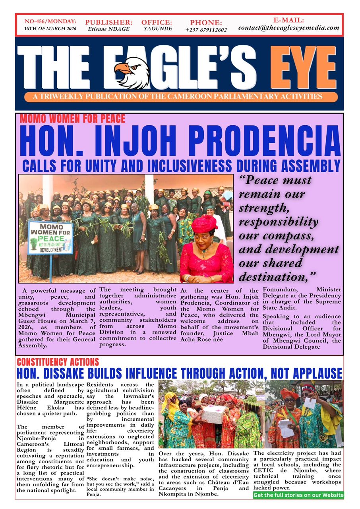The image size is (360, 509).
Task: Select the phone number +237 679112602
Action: click(x=206, y=30)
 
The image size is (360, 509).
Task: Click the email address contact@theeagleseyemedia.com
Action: click(x=289, y=28)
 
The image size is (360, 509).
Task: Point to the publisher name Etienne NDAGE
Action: click(x=108, y=29)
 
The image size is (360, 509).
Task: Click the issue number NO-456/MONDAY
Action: click(x=50, y=21)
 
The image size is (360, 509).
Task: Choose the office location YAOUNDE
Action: click(x=157, y=29)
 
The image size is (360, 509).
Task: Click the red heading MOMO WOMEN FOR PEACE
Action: click(x=72, y=119)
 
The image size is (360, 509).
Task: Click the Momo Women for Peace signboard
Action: click(x=50, y=238)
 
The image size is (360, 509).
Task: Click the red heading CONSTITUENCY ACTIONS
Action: click(x=58, y=362)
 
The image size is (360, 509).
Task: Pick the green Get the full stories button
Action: click(x=298, y=495)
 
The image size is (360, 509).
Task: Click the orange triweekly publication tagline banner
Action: click(x=181, y=97)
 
